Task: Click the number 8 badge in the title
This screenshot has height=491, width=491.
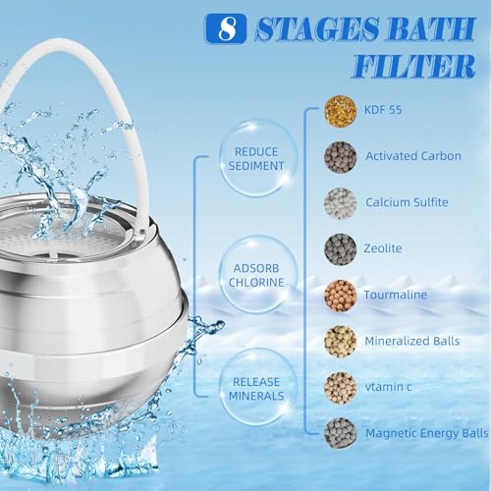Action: click(x=226, y=28)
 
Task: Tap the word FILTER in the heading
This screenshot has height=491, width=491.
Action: click(x=413, y=67)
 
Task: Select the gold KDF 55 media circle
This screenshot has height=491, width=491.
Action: click(x=340, y=111)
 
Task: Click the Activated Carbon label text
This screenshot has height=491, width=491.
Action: click(x=413, y=156)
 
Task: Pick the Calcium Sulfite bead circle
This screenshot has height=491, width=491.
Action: click(x=340, y=203)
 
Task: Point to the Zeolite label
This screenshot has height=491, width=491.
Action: click(x=383, y=248)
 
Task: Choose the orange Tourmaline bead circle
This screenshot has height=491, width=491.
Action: click(x=340, y=296)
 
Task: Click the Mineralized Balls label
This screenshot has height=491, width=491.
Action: click(x=412, y=341)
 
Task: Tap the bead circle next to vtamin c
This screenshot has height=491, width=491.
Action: click(x=340, y=388)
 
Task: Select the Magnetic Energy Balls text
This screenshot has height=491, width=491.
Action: click(x=427, y=433)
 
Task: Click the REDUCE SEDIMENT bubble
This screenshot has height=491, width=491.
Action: click(x=256, y=159)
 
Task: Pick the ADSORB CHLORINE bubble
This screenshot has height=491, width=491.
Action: click(x=256, y=275)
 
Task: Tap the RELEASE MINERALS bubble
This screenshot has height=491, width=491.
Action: click(x=256, y=389)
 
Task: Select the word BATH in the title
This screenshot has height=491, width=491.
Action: click(x=432, y=28)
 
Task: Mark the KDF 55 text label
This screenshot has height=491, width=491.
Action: click(x=383, y=110)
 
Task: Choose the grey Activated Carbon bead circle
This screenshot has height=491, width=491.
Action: click(x=340, y=157)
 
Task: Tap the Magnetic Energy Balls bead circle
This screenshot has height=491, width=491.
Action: click(x=340, y=434)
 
